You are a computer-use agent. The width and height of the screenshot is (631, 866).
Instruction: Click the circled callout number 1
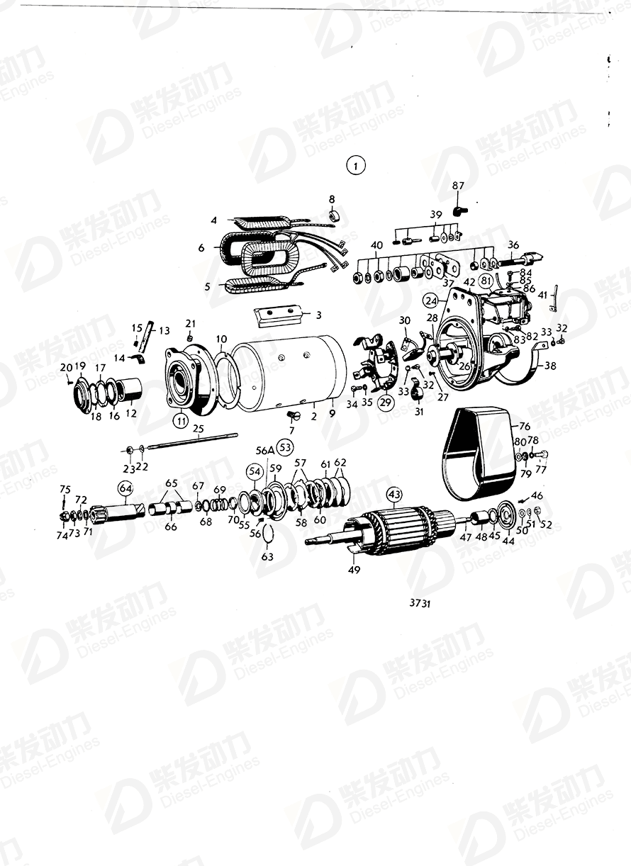[x=355, y=167]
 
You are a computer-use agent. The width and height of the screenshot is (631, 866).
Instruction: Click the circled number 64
[x=125, y=488]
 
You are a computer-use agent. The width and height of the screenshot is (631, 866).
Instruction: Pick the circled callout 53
[x=285, y=447]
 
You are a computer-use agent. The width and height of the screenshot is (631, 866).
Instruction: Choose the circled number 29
[x=386, y=402]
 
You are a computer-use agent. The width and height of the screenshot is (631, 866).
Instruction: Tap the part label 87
[x=458, y=186]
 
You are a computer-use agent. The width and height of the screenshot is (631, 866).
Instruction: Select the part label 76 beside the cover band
[x=524, y=426]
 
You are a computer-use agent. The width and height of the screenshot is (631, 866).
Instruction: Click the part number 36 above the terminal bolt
[x=513, y=245]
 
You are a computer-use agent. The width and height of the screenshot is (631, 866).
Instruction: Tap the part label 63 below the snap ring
[x=267, y=557]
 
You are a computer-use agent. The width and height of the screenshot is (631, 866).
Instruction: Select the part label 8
[x=331, y=198]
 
